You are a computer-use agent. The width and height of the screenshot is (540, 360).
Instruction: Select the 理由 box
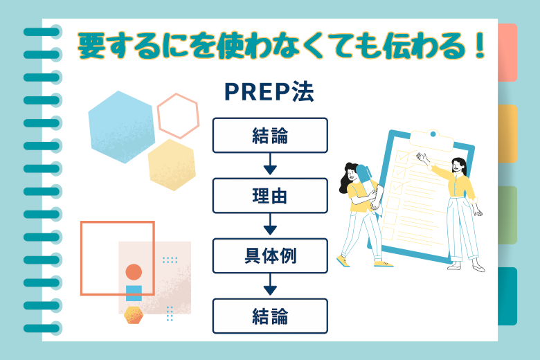[269, 195]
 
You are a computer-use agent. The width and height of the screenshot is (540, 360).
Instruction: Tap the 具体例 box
[269, 256]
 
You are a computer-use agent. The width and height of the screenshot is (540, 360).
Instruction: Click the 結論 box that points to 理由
[269, 135]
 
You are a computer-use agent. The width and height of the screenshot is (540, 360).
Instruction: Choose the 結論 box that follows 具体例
[269, 316]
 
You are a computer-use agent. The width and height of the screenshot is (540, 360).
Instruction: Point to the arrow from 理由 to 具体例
[269, 226]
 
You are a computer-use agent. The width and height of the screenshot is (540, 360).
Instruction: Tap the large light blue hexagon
[122, 127]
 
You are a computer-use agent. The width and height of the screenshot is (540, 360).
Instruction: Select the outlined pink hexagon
[178, 116]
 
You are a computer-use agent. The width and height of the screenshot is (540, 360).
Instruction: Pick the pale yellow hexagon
[172, 165]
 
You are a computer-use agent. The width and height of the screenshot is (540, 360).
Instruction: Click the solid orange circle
[134, 272]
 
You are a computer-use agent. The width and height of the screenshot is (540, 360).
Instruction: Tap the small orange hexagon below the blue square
[134, 315]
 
